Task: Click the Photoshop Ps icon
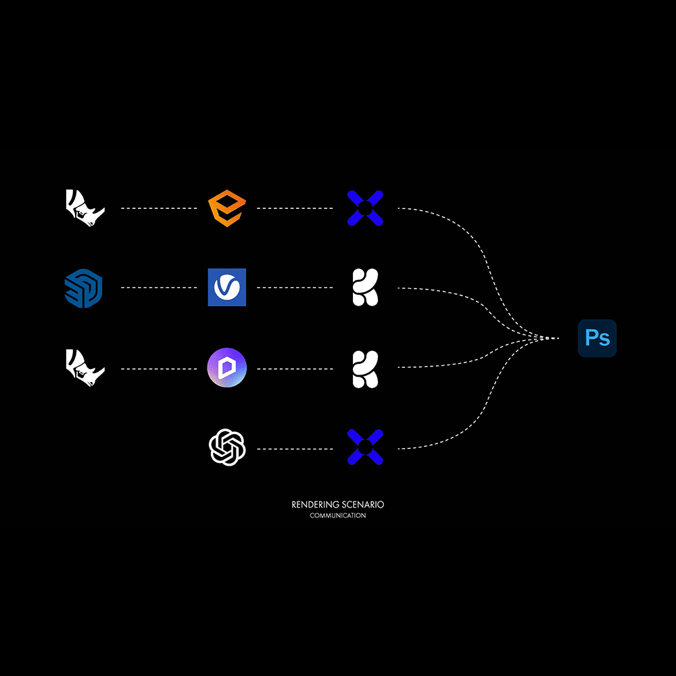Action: click(x=597, y=338)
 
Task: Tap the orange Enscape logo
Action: click(x=226, y=208)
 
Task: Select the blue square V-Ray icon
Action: click(x=226, y=287)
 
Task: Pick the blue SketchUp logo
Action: click(x=84, y=288)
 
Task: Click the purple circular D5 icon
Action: click(x=226, y=368)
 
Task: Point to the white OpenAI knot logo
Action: click(x=227, y=447)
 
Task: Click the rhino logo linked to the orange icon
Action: click(x=85, y=208)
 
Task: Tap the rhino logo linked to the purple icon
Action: click(x=85, y=368)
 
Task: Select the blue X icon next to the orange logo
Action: click(x=365, y=208)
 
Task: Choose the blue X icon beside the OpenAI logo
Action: click(x=365, y=447)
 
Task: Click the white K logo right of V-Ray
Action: click(x=365, y=287)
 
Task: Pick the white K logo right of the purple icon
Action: click(x=365, y=370)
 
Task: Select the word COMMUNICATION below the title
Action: click(x=337, y=516)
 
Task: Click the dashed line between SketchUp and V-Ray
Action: click(x=159, y=287)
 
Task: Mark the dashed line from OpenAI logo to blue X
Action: click(x=295, y=450)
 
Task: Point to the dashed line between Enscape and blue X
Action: click(x=295, y=208)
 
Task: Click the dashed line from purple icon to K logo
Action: click(x=295, y=369)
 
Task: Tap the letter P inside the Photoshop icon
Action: click(x=591, y=337)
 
